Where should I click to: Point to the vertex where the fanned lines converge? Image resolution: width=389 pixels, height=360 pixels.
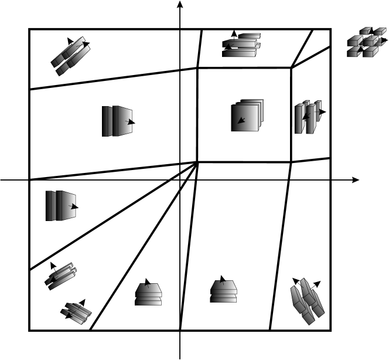pos(197,162)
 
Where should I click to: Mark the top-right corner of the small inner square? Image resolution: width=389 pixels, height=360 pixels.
pos(291,68)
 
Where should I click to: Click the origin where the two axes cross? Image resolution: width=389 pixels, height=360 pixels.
pos(180,179)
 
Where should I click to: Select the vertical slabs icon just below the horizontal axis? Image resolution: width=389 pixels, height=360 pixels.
pos(60,205)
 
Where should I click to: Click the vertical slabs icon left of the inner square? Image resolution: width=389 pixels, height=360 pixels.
pos(117,121)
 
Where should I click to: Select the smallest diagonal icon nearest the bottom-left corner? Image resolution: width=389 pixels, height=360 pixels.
pos(75,311)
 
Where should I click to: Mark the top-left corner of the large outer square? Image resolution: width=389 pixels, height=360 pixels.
pos(29,29)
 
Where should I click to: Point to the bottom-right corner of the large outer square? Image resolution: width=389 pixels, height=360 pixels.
pos(331,330)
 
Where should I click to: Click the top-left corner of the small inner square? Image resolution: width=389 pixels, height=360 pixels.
pos(197,68)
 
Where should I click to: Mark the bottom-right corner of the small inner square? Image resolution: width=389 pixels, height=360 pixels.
pos(291,162)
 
